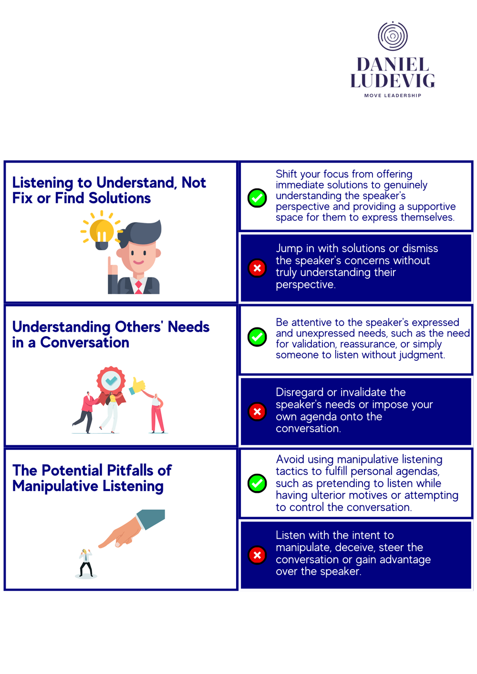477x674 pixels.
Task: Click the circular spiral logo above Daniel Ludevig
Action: point(393,36)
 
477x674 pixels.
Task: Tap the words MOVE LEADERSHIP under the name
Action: point(393,96)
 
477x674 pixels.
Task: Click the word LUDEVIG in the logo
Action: point(393,81)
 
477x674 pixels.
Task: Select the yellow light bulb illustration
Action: point(102,233)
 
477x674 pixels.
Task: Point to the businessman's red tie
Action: point(138,286)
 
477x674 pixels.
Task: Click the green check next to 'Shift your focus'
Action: point(257,197)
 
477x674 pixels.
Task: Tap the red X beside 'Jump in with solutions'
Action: point(257,268)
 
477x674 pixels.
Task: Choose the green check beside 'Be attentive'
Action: point(257,337)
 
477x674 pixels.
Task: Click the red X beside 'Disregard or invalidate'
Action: point(257,411)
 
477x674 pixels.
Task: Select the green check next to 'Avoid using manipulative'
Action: point(257,483)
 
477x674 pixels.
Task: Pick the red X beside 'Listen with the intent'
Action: point(257,555)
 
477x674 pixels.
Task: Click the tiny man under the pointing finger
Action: point(86,563)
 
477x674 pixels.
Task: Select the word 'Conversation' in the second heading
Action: point(84,343)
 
